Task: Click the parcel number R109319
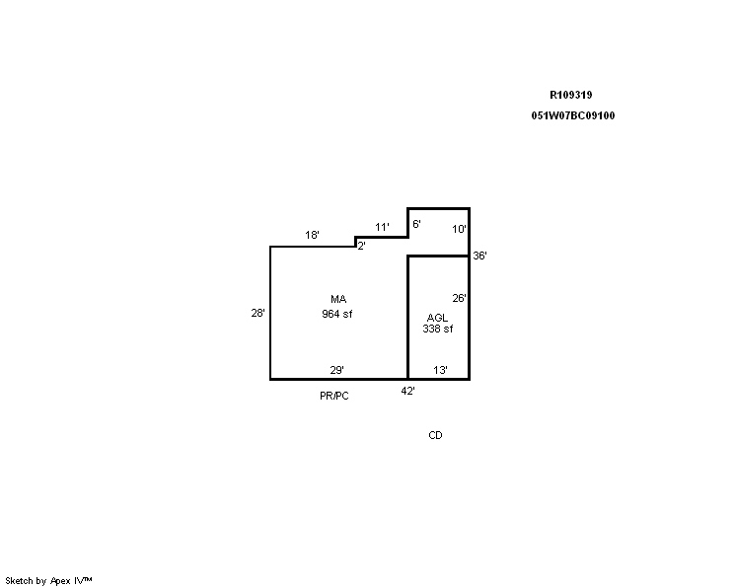coord(570,95)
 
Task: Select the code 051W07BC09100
coord(573,115)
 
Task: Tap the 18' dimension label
coord(312,235)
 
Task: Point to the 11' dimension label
coord(382,227)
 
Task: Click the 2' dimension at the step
coord(361,246)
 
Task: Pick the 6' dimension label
coord(416,224)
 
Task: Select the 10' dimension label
coord(459,229)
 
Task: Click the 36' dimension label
coord(479,256)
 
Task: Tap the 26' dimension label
coord(459,298)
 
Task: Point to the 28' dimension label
coord(257,313)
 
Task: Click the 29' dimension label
coord(337,370)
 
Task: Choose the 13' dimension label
coord(440,370)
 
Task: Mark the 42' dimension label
coord(407,391)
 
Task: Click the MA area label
coord(338,299)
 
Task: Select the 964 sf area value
coord(337,314)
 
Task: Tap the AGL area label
coord(437,318)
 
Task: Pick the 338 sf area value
coord(438,329)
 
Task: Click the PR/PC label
coord(334,396)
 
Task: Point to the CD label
coord(435,435)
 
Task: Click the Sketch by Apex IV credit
coord(48,581)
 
